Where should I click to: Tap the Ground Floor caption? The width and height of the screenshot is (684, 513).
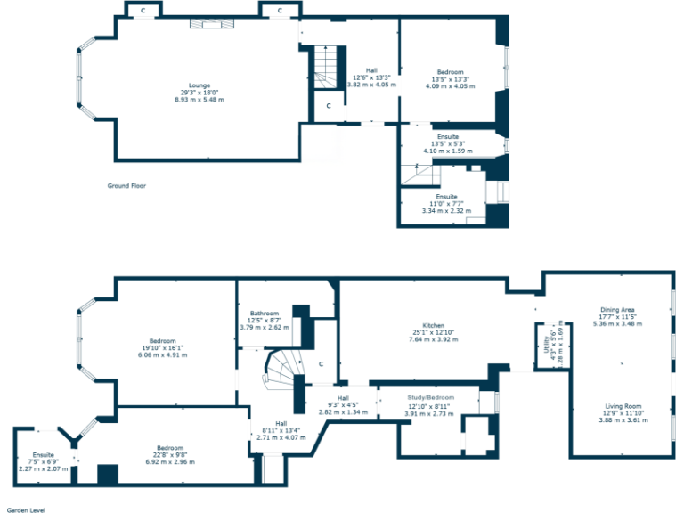click(126, 186)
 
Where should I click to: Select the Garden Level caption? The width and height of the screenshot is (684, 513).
click(26, 510)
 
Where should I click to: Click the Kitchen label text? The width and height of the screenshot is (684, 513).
click(433, 326)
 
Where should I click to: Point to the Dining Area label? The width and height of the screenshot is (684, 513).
click(617, 310)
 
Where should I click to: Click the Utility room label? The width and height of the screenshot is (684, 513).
click(546, 342)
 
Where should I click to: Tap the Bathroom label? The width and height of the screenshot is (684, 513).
click(265, 313)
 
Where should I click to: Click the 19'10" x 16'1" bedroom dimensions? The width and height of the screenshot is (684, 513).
click(163, 348)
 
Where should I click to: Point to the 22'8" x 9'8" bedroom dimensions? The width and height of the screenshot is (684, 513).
click(170, 454)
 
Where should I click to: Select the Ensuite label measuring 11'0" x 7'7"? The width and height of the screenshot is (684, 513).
click(446, 196)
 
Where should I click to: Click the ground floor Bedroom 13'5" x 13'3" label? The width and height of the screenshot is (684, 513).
click(450, 71)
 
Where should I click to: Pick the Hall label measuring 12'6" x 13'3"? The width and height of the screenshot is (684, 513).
click(371, 71)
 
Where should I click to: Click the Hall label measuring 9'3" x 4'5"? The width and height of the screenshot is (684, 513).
click(343, 398)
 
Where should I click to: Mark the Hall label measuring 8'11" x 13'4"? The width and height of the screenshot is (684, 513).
click(281, 424)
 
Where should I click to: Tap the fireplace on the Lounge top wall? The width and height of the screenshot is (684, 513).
click(208, 24)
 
